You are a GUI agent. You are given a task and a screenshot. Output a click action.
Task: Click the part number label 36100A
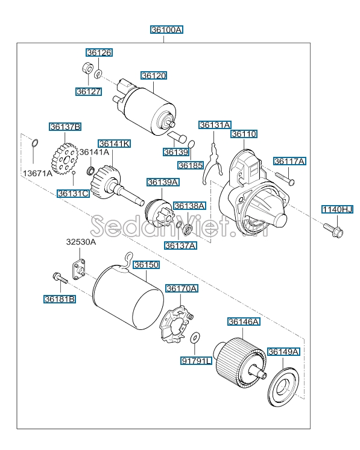point(166,29)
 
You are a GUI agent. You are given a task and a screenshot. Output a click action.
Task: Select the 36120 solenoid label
point(154,76)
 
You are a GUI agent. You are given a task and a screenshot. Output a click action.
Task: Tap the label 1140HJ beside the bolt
point(336,209)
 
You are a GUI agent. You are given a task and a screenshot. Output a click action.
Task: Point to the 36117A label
point(289,161)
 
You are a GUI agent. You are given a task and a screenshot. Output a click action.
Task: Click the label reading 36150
point(147,265)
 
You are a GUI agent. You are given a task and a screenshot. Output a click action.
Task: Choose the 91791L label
point(197,361)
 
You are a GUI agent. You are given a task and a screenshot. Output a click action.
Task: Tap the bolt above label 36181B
point(60,278)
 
